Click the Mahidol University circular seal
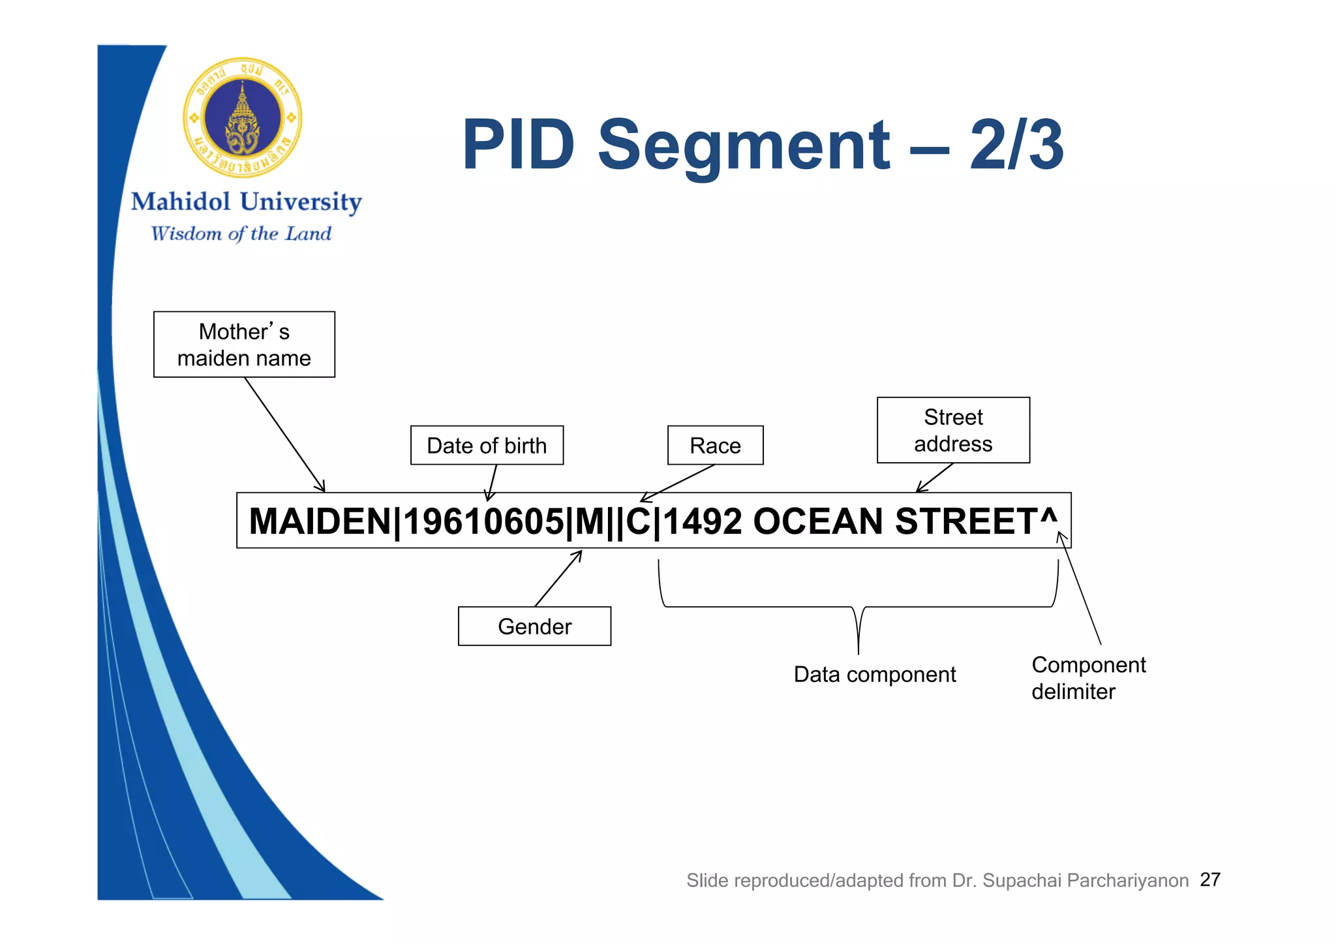243,117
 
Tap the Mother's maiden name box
244,345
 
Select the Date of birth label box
487,446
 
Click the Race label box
715,446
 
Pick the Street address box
953,431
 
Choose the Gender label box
534,627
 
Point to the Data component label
874,674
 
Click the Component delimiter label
1088,678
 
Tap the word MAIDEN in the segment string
320,521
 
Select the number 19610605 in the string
483,521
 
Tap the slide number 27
1210,880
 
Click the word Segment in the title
743,145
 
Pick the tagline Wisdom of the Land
241,234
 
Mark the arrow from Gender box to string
558,578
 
